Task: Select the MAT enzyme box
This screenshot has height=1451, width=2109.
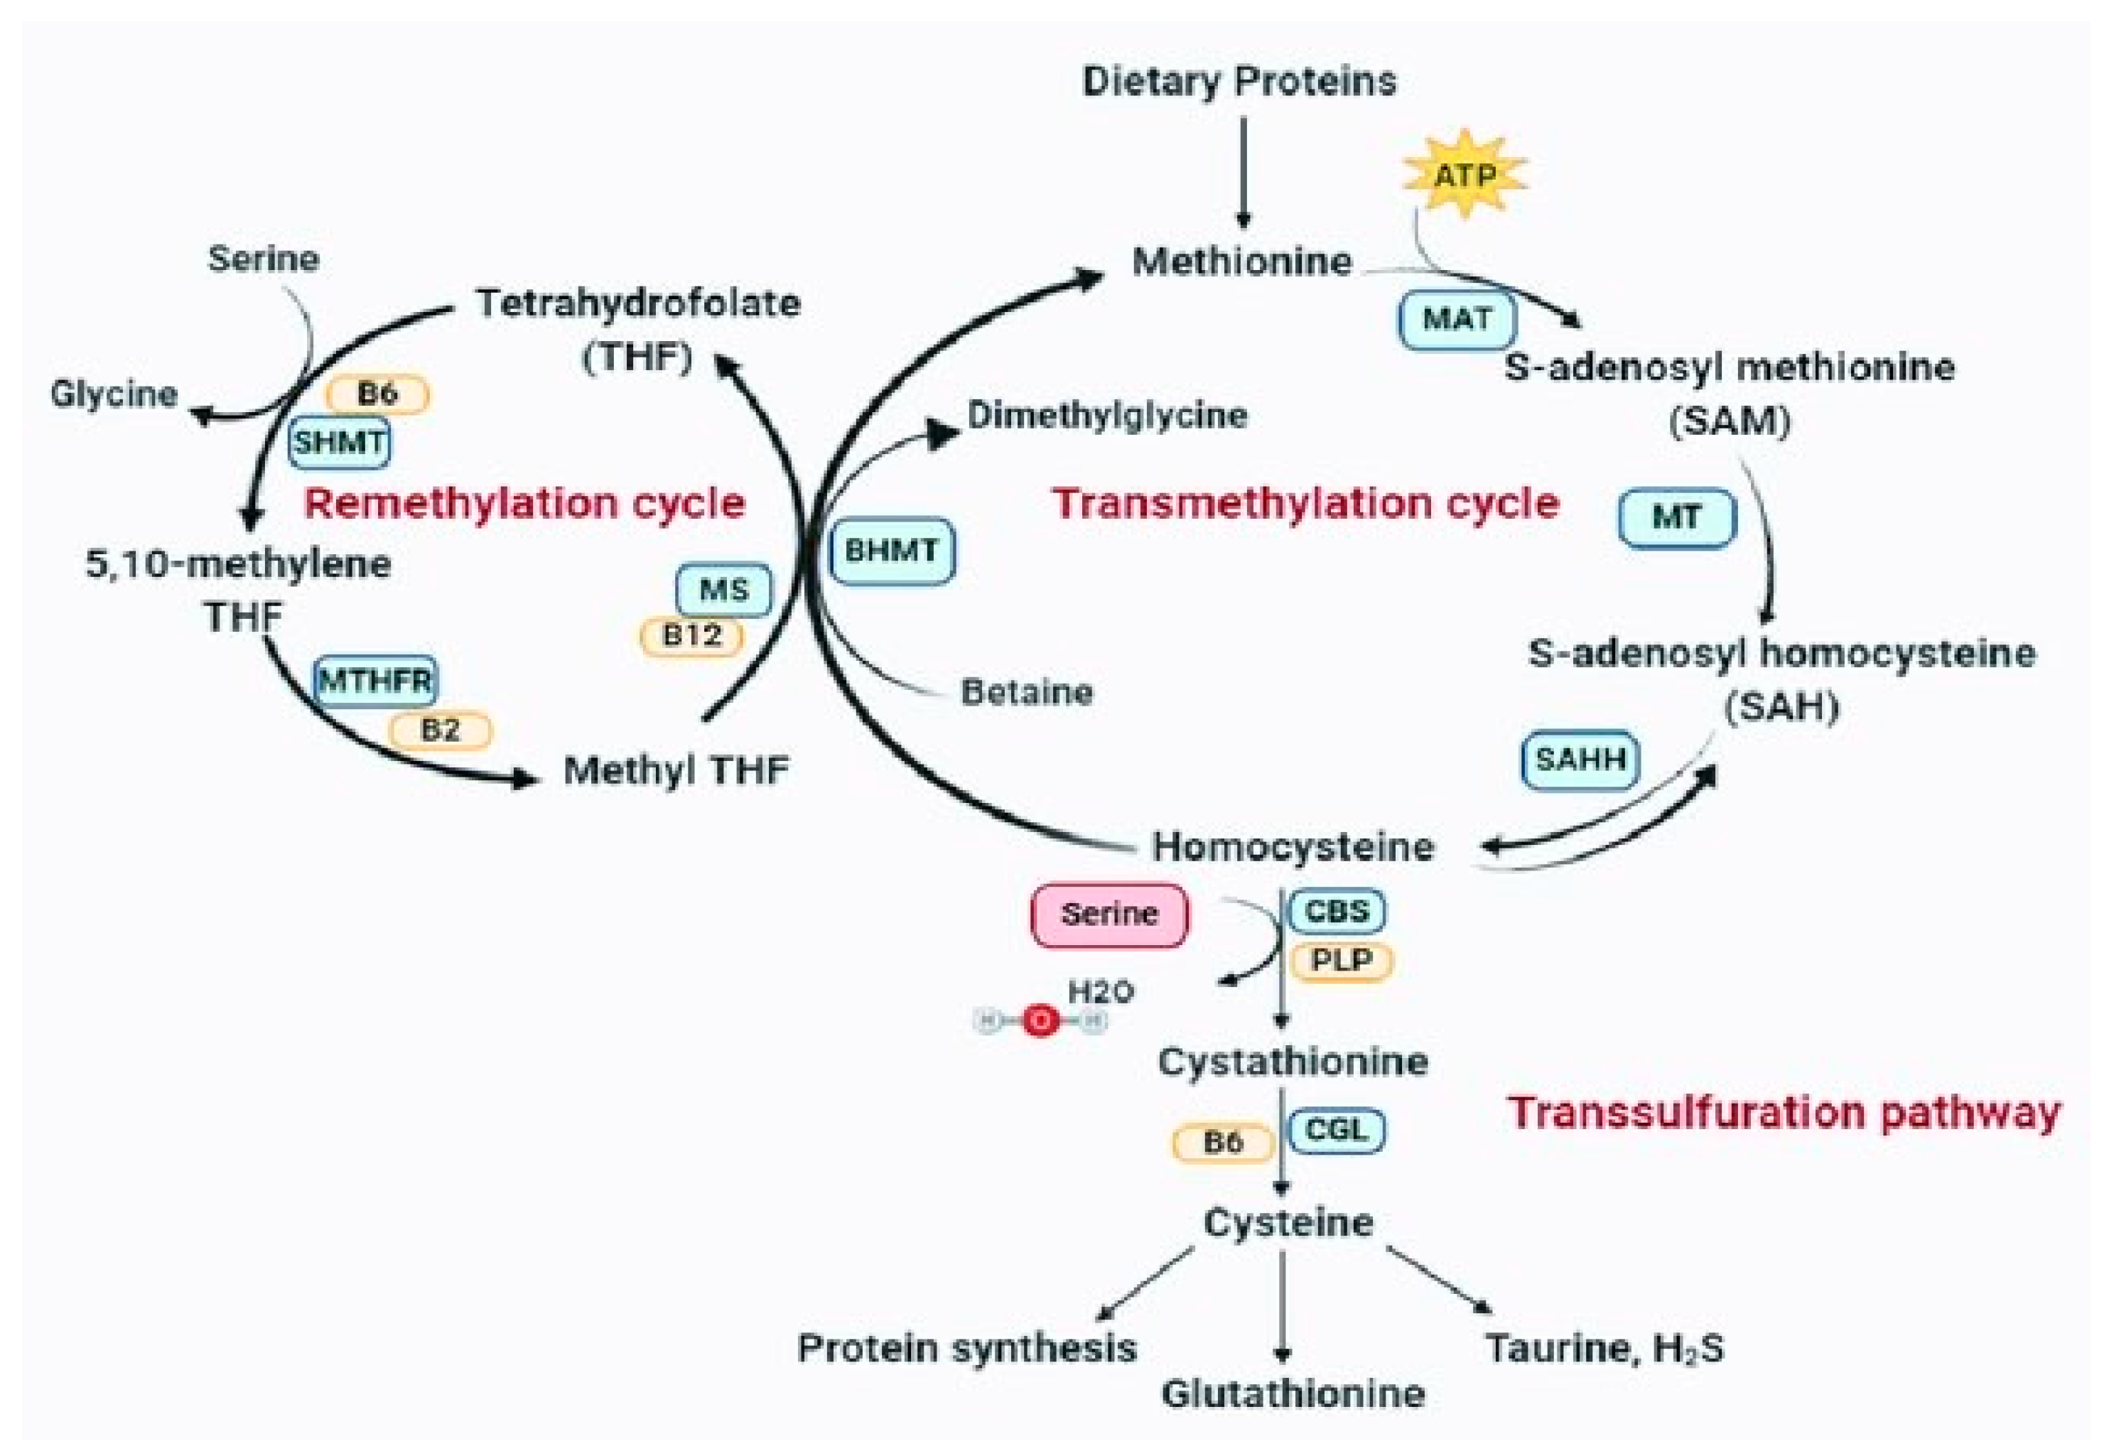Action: click(1456, 319)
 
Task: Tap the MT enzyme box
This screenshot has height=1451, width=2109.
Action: click(1676, 518)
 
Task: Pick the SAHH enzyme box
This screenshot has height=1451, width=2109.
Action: click(1580, 759)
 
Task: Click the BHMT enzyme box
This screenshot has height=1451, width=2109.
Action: click(892, 551)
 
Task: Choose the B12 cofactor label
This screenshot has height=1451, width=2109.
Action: click(692, 635)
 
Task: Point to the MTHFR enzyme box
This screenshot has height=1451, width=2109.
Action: click(374, 680)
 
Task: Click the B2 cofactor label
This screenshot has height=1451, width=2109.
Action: click(440, 730)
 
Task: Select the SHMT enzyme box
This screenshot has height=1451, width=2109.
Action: click(339, 443)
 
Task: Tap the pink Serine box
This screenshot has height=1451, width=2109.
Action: click(1109, 915)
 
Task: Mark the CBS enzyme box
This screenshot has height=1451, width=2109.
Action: click(1337, 911)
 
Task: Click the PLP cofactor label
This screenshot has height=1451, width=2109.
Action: click(1341, 961)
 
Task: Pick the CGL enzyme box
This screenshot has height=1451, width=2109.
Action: click(1337, 1130)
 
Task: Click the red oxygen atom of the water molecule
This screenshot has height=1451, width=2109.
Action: click(1040, 1021)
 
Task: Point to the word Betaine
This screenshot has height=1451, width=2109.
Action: click(1026, 693)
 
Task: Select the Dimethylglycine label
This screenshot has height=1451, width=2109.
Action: click(1106, 416)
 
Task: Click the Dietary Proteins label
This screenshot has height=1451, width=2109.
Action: click(1239, 82)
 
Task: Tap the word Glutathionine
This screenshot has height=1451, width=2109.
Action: click(1293, 1393)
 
